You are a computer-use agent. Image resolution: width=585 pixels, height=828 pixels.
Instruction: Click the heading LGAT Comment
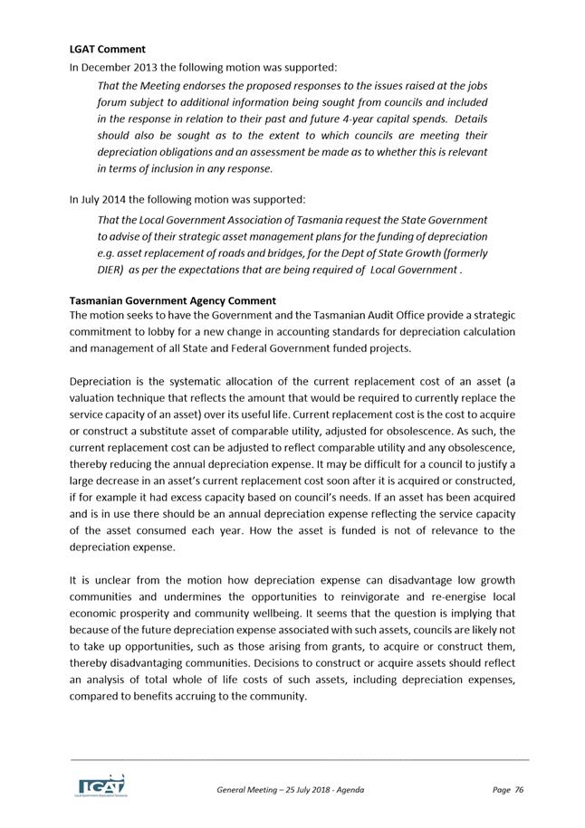[x=108, y=48]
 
